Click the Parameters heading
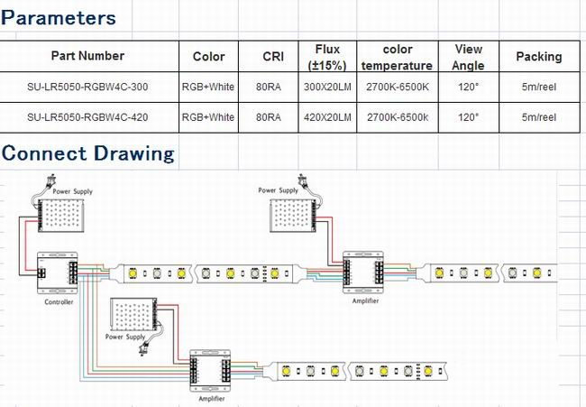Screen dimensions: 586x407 (x=59, y=18)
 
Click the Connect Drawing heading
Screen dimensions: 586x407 (x=87, y=153)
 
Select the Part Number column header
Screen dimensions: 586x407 (x=87, y=56)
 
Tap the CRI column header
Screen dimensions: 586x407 (x=273, y=57)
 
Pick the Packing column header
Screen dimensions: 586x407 (x=539, y=57)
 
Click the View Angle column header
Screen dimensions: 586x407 (x=468, y=57)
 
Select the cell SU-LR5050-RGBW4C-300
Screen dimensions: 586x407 (x=87, y=87)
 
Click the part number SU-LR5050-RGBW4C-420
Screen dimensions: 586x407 (x=87, y=117)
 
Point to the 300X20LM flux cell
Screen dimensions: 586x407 (x=327, y=87)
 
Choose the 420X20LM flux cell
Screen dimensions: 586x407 (x=327, y=117)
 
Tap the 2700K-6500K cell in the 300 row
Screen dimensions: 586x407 (x=398, y=87)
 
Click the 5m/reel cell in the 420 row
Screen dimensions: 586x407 (x=539, y=117)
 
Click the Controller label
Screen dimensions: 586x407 (x=59, y=302)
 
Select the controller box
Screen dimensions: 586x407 (x=57, y=273)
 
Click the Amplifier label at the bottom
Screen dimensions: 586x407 (x=212, y=399)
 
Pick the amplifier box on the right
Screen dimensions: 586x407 (x=363, y=273)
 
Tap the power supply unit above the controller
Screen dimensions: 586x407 (x=60, y=215)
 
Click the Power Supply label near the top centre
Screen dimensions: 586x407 (x=278, y=190)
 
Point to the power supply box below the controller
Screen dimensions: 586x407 (x=133, y=314)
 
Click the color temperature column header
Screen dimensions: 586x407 (x=397, y=57)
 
